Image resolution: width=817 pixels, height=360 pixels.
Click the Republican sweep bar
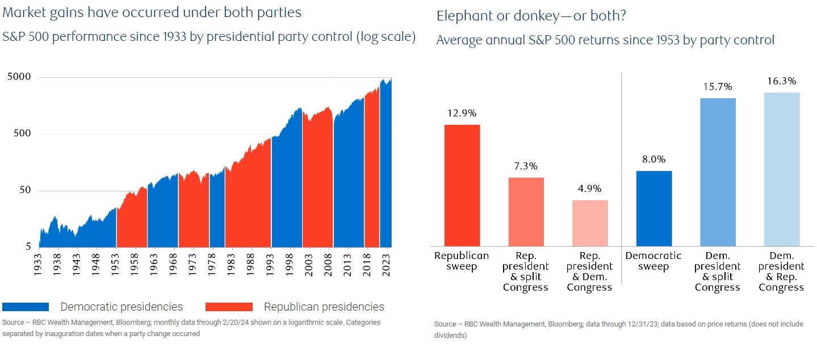click(x=462, y=185)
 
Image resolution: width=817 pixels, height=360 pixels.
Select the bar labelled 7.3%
click(x=526, y=211)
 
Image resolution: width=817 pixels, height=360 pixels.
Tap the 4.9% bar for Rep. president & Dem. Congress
click(x=590, y=223)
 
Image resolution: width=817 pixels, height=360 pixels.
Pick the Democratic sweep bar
click(x=653, y=208)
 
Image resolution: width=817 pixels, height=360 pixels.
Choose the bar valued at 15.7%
click(x=718, y=171)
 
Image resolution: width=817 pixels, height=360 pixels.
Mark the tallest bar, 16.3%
click(x=781, y=169)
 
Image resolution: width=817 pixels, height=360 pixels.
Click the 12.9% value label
click(x=462, y=113)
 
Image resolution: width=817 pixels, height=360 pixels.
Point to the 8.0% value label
click(x=653, y=160)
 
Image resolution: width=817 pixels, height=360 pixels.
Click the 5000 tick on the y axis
click(x=19, y=77)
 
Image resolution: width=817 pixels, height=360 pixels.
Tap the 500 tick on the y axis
click(x=23, y=134)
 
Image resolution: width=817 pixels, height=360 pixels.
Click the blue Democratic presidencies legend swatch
click(x=26, y=307)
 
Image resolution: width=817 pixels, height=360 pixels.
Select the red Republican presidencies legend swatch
click(x=229, y=307)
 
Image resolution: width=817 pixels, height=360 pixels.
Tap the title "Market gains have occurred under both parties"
click(x=152, y=12)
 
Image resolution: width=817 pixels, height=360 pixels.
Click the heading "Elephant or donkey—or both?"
click(x=531, y=16)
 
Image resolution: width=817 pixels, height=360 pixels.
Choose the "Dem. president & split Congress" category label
click(x=718, y=271)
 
